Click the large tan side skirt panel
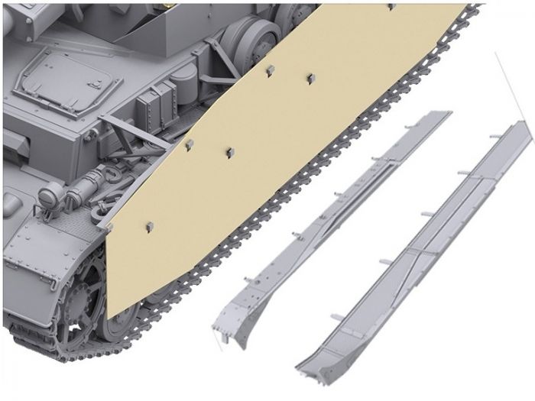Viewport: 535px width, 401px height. click(283, 153)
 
